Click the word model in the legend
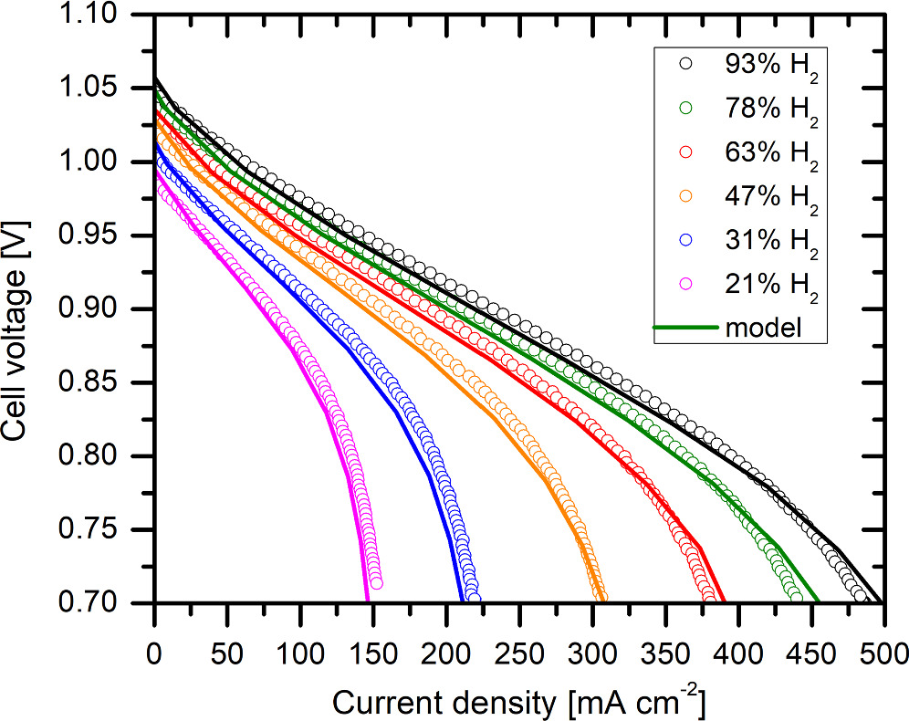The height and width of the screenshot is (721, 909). pyautogui.click(x=763, y=329)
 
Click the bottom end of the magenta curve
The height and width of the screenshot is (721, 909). pyautogui.click(x=368, y=601)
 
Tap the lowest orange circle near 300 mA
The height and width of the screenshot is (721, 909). pyautogui.click(x=600, y=596)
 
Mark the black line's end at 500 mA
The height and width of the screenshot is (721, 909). pyautogui.click(x=880, y=601)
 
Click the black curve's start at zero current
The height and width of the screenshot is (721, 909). pyautogui.click(x=156, y=78)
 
